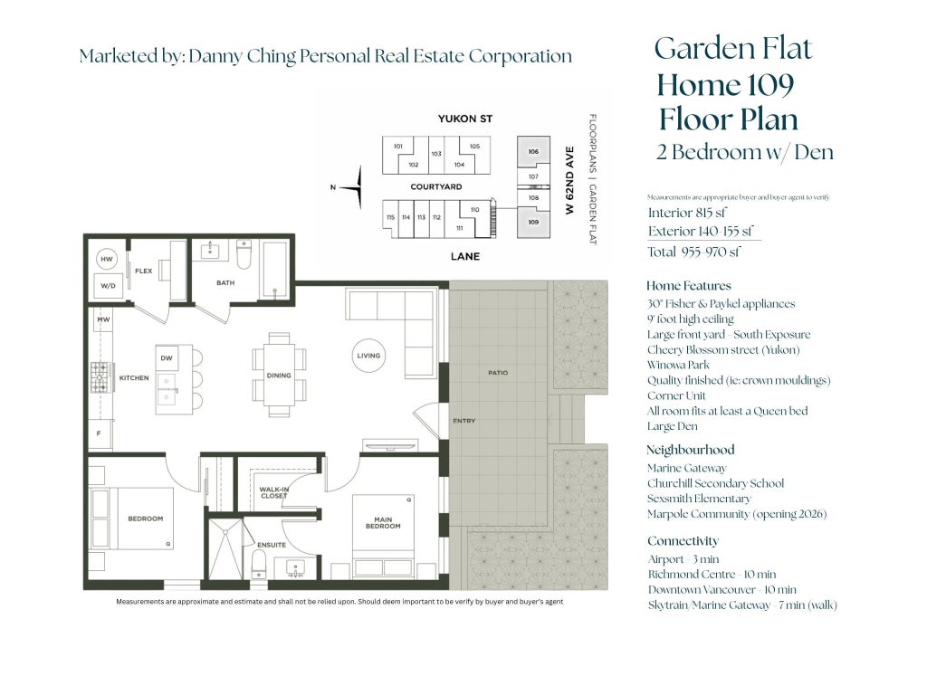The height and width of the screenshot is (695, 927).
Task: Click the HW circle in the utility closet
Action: pos(107,259)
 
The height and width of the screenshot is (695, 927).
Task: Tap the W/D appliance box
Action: pos(108,285)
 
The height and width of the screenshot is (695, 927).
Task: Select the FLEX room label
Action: pos(143,271)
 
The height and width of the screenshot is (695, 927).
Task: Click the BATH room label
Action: pos(225,283)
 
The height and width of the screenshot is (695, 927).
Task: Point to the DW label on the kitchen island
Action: pos(167,358)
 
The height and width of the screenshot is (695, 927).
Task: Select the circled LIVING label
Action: pos(368,356)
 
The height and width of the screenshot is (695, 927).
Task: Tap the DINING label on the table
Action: pos(279,376)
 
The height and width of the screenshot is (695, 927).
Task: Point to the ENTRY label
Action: pos(464,421)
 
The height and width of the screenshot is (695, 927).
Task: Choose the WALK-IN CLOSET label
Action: pos(273,491)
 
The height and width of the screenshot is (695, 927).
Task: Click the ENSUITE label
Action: pos(272,545)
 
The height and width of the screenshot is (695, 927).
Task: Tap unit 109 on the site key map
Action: pos(533,222)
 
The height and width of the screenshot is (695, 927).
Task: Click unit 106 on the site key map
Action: pos(533,151)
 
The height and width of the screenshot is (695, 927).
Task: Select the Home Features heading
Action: pos(688,286)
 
